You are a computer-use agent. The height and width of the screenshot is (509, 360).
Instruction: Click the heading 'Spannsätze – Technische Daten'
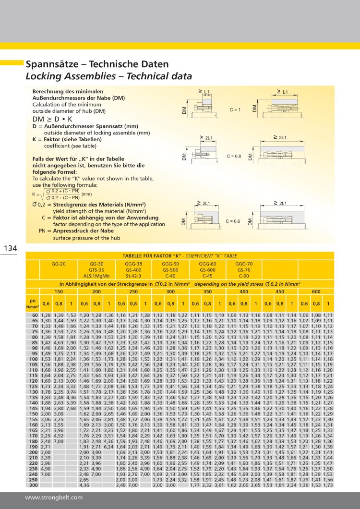pyautogui.click(x=97, y=64)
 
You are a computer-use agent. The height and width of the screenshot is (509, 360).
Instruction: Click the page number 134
pyautogui.click(x=10, y=248)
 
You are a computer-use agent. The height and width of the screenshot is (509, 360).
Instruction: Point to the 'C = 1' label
pyautogui.click(x=235, y=110)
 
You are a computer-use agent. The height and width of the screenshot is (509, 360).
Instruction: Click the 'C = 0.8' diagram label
pyautogui.click(x=234, y=156)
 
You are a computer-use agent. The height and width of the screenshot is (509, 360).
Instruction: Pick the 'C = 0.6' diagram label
pyautogui.click(x=233, y=221)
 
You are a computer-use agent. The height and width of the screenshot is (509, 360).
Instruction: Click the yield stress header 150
pyautogui.click(x=58, y=291)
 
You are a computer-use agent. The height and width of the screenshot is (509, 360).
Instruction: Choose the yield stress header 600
pyautogui.click(x=316, y=291)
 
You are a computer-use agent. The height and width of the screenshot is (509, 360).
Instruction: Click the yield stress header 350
pyautogui.click(x=207, y=291)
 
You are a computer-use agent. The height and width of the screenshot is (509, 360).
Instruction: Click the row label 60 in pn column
pyautogui.click(x=35, y=315)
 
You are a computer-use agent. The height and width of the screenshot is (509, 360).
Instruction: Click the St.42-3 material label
pyautogui.click(x=133, y=276)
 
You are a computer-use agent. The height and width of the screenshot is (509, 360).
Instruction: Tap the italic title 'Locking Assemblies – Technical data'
pyautogui.click(x=108, y=76)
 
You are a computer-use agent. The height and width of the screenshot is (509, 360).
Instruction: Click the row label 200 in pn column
pyautogui.click(x=34, y=452)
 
